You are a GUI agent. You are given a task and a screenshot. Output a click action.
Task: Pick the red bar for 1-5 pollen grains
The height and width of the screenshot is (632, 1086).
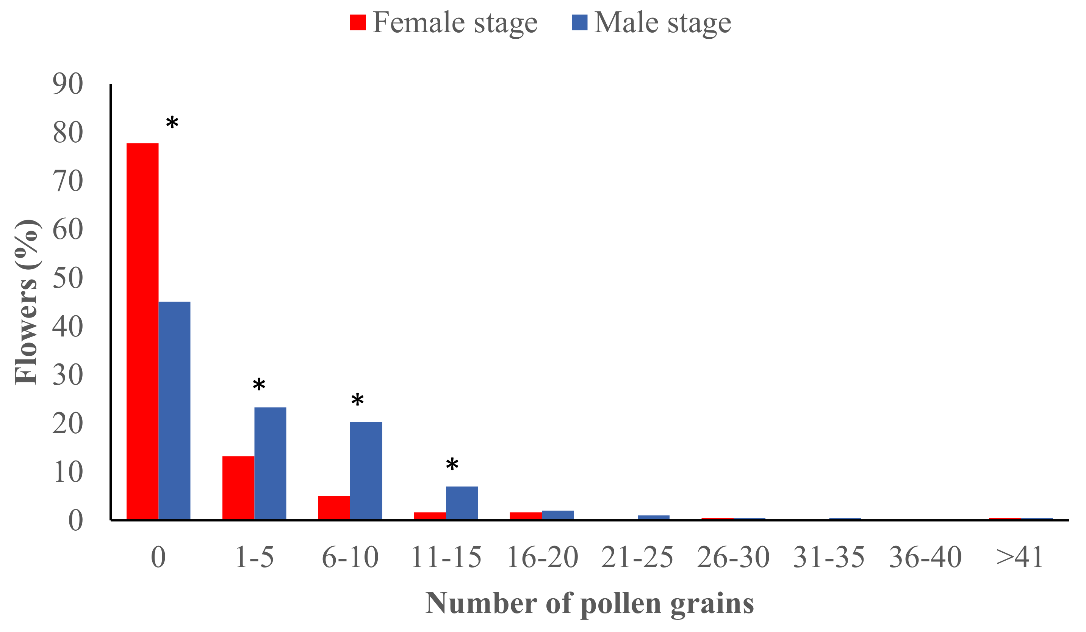(238, 487)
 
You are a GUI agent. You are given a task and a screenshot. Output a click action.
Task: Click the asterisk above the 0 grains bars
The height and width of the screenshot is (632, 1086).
(172, 124)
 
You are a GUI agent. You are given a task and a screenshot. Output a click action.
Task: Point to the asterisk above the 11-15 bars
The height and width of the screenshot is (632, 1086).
(452, 465)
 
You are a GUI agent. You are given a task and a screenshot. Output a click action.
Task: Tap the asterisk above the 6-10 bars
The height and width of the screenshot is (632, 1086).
(357, 401)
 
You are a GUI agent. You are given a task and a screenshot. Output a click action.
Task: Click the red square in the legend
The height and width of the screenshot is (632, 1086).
(358, 22)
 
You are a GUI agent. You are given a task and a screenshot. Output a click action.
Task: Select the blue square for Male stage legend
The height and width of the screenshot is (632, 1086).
(579, 22)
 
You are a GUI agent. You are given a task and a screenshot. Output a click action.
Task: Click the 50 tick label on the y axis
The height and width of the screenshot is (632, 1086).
(68, 278)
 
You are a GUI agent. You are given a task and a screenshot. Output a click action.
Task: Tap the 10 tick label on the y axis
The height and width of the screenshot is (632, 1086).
(68, 472)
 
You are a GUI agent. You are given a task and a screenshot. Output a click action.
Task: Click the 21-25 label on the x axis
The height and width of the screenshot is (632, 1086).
(637, 557)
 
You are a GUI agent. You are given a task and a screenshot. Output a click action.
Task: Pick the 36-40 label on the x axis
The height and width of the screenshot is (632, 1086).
(925, 557)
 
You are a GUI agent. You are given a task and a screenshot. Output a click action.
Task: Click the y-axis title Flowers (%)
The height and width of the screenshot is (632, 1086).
(27, 302)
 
